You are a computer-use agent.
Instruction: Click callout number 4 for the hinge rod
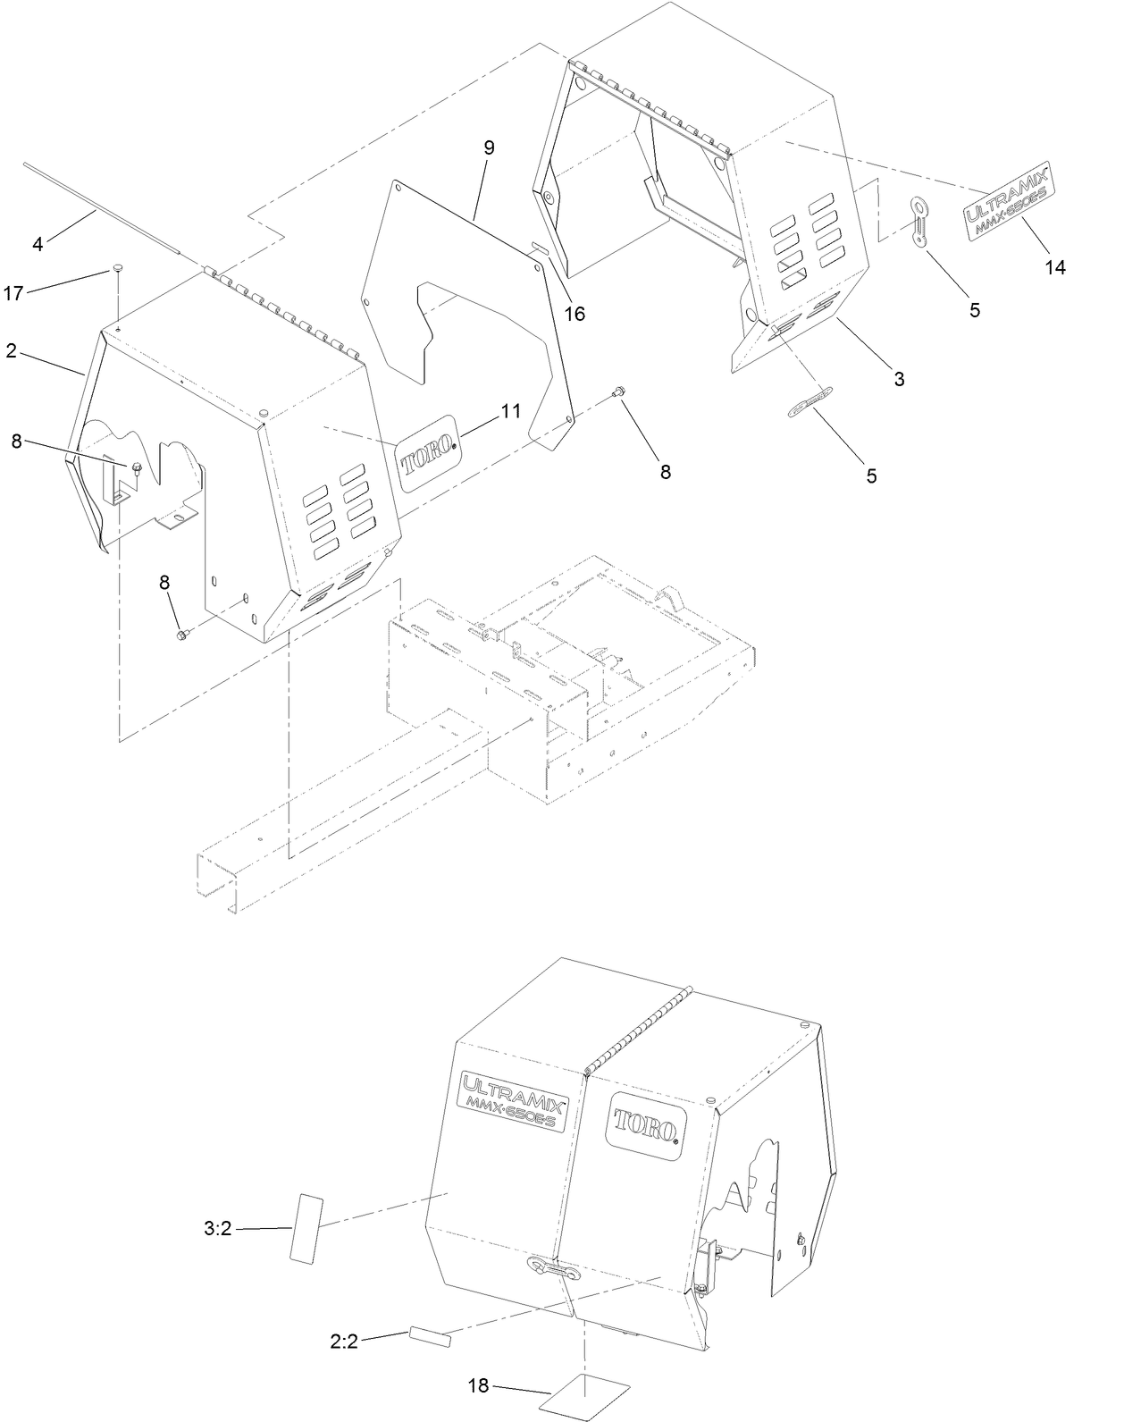(38, 243)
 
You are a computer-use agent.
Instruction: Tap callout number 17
(13, 292)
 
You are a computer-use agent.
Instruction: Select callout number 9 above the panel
(489, 147)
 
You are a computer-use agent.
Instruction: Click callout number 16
(575, 314)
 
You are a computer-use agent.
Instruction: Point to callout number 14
(1055, 266)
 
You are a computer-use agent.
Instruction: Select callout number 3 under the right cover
(899, 379)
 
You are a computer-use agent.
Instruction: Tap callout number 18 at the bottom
(478, 1385)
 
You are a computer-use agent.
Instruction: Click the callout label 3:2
(217, 1228)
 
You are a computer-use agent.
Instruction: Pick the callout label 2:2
(344, 1342)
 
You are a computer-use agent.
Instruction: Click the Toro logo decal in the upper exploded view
(427, 454)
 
